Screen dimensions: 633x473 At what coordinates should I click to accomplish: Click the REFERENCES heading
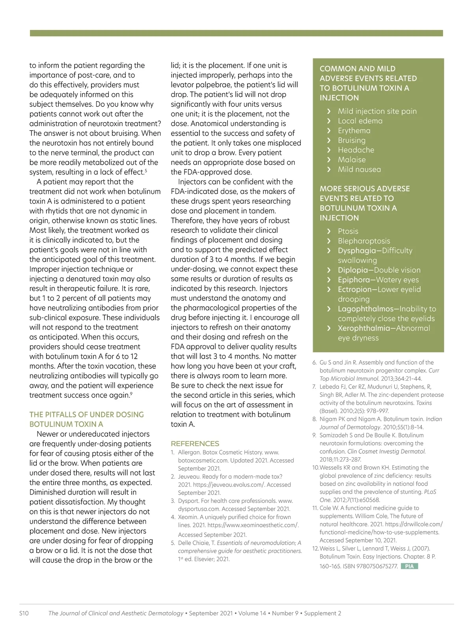(x=195, y=443)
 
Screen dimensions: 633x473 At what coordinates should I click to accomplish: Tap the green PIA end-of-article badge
(x=409, y=566)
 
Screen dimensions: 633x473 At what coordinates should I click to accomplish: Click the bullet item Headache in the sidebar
(x=356, y=150)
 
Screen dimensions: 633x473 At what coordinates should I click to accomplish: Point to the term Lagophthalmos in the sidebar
(x=365, y=309)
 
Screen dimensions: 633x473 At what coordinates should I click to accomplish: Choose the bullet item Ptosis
(x=348, y=231)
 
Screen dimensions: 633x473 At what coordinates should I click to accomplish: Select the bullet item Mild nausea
(x=359, y=169)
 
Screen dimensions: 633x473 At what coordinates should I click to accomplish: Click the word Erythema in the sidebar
(x=354, y=130)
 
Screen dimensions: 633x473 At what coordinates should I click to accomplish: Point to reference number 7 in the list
(x=315, y=387)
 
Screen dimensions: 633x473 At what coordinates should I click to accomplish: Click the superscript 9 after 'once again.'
(x=131, y=393)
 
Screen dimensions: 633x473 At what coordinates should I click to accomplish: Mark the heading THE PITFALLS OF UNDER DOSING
(x=86, y=414)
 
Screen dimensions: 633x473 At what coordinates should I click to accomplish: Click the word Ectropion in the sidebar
(x=357, y=289)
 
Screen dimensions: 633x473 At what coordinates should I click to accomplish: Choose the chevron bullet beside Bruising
(x=329, y=140)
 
